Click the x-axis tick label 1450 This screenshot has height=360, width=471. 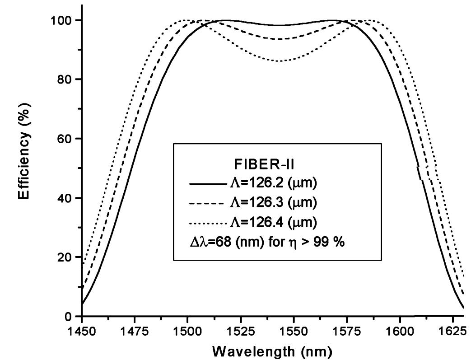tap(82, 332)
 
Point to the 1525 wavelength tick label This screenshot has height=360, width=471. tap(240, 332)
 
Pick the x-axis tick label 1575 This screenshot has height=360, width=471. tap(346, 332)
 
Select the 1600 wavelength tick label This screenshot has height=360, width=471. tap(400, 332)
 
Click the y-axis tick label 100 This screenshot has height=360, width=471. tap(61, 21)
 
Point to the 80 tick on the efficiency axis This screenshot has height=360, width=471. tap(64, 79)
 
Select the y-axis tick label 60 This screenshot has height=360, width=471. tap(64, 139)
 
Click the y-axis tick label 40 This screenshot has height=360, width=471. tap(64, 198)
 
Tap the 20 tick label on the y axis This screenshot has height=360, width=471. tap(64, 257)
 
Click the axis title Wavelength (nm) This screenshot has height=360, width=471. tap(272, 351)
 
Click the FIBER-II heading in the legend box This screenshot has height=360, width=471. tap(264, 165)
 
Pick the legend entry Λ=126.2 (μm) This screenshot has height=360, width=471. tap(253, 183)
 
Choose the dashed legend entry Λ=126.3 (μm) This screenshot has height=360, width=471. tap(253, 203)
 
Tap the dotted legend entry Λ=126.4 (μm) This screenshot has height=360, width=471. tap(253, 223)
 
